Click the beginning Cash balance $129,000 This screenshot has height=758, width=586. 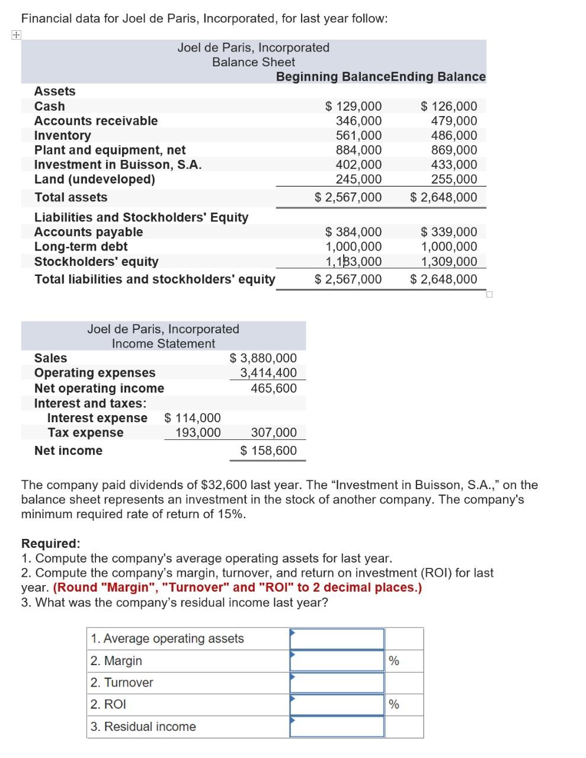click(354, 107)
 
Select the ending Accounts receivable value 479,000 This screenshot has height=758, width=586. click(454, 121)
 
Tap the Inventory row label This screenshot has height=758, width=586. click(62, 136)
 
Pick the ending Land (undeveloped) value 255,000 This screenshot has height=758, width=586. click(454, 179)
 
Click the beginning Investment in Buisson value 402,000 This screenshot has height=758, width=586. click(358, 165)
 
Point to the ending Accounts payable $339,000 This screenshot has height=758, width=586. click(449, 232)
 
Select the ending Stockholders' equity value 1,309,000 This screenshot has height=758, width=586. click(449, 262)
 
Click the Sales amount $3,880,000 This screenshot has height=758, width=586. click(263, 358)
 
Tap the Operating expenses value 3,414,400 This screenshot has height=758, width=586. click(268, 372)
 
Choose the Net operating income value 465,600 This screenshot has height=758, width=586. click(274, 388)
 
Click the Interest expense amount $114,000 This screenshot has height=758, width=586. click(192, 418)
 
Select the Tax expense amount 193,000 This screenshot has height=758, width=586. click(198, 433)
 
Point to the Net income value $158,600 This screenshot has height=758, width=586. click(268, 451)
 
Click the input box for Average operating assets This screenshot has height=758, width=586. click(337, 638)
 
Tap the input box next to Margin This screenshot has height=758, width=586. click(337, 660)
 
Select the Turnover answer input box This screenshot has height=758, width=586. click(337, 682)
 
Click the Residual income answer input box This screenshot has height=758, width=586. click(337, 727)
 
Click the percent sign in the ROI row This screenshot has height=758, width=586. click(393, 705)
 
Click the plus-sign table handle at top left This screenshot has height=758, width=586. click(15, 35)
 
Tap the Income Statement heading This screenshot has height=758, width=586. click(163, 343)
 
